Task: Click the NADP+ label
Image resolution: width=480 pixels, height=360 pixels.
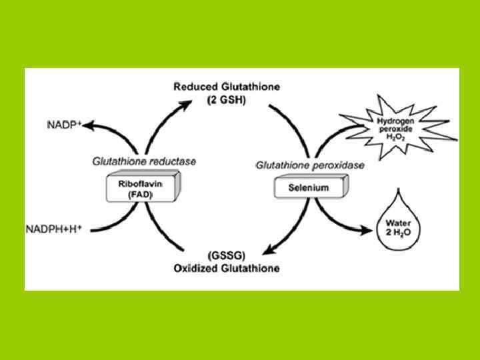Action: tap(65, 125)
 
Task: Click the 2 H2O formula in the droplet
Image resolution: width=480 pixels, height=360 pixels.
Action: tap(397, 230)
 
